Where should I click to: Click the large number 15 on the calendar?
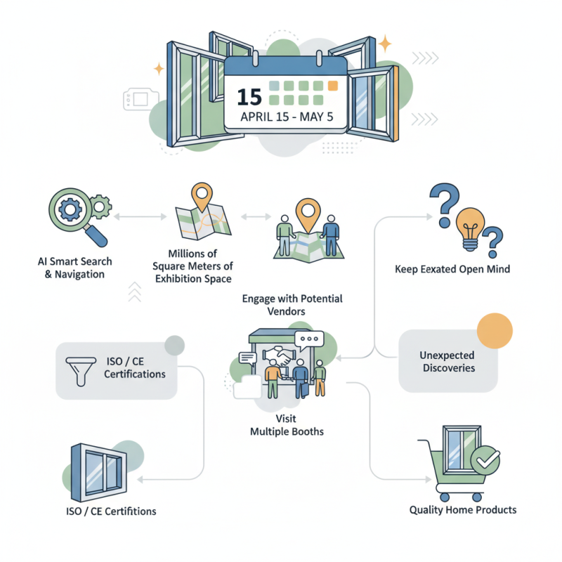click(249, 96)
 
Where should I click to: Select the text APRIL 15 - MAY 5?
click(286, 117)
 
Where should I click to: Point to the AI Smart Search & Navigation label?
click(74, 268)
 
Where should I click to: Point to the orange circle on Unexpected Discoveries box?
click(495, 330)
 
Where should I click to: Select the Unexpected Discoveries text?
click(447, 361)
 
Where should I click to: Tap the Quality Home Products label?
click(462, 509)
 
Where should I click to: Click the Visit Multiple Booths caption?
click(287, 424)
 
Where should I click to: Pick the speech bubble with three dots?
click(308, 341)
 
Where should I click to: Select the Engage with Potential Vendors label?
click(292, 305)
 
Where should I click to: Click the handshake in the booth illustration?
click(286, 357)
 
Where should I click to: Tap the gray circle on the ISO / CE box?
click(174, 345)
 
